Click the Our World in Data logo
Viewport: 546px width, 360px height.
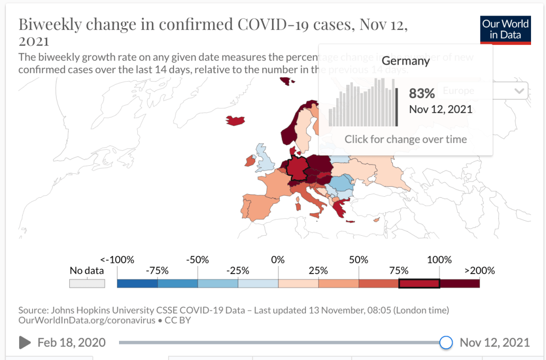point(505,30)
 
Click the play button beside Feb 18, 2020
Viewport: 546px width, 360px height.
point(25,342)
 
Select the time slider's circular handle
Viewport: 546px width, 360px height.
point(446,342)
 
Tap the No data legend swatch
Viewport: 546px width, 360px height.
point(86,283)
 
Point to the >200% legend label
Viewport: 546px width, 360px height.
point(479,270)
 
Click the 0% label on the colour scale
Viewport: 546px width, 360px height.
point(278,260)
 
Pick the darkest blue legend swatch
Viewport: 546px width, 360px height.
point(137,283)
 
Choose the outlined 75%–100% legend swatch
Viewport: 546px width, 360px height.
point(419,283)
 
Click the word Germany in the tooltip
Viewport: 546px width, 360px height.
point(406,61)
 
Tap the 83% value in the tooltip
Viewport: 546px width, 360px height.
point(422,93)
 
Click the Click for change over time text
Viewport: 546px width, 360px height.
point(406,139)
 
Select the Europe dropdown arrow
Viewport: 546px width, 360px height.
point(519,91)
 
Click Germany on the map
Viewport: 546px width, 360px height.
point(298,167)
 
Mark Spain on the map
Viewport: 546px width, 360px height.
point(257,205)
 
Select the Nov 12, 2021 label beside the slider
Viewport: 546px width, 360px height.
point(495,342)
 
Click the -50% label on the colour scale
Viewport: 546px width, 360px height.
point(197,260)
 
